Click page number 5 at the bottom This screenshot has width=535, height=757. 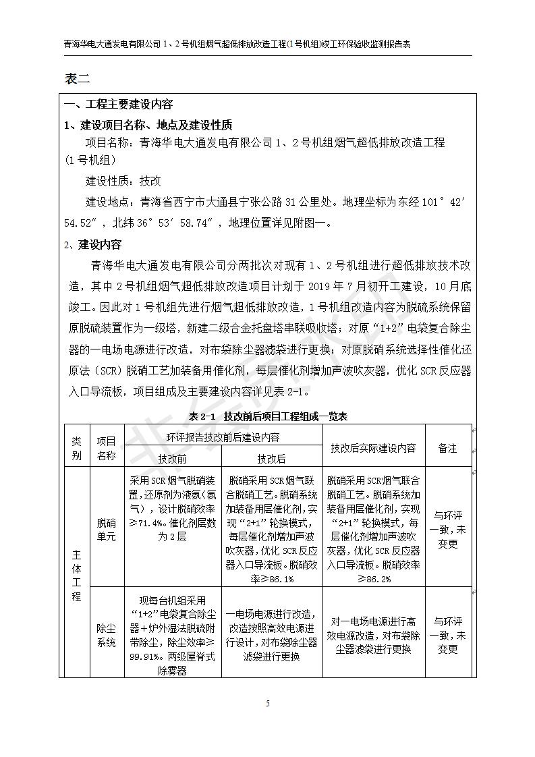coord(268,704)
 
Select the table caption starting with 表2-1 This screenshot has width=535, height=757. coord(268,416)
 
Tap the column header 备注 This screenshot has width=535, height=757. coord(447,447)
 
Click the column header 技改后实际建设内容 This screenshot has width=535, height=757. coord(374,447)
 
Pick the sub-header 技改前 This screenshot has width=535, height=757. coord(173,458)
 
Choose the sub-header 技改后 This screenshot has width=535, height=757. coord(272,458)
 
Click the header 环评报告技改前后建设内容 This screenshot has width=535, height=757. coord(223,437)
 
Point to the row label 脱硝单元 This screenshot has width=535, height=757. coord(106,529)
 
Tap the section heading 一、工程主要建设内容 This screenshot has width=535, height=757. coord(118,105)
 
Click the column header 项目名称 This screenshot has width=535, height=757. coord(106,447)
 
